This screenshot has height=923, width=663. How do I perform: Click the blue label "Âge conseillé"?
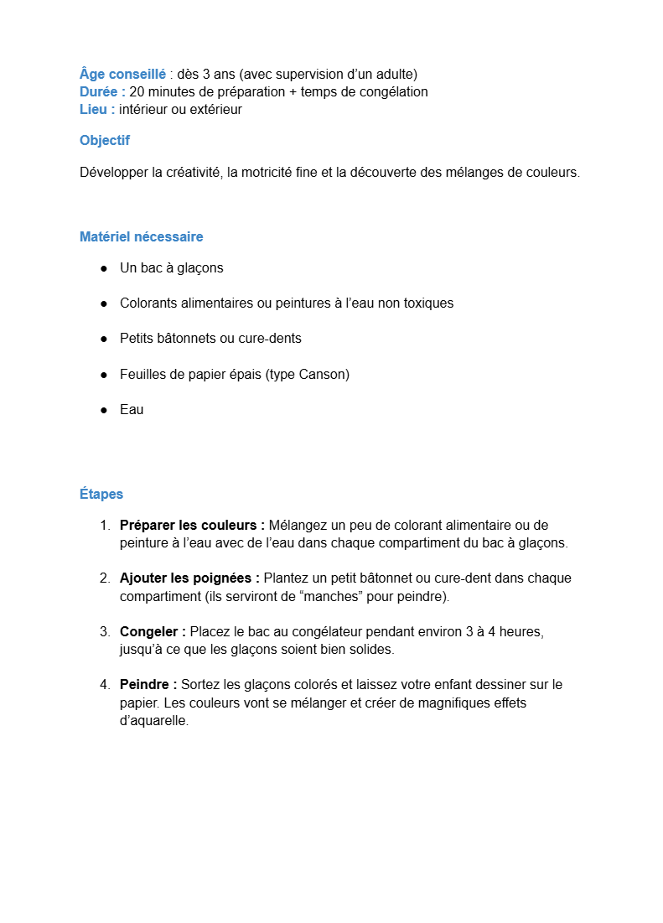pyautogui.click(x=122, y=74)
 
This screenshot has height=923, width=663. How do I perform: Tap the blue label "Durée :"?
pyautogui.click(x=102, y=91)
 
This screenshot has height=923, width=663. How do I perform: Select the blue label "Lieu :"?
pyautogui.click(x=97, y=109)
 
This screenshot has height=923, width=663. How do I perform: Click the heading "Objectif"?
pyautogui.click(x=105, y=140)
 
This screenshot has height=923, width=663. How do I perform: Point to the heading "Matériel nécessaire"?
pyautogui.click(x=141, y=236)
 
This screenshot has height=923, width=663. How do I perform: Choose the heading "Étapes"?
pyautogui.click(x=101, y=494)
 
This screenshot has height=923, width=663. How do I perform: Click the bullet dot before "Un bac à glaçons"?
pyautogui.click(x=104, y=268)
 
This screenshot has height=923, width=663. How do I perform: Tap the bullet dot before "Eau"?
pyautogui.click(x=104, y=409)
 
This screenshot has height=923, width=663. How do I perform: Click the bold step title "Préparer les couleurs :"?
pyautogui.click(x=192, y=525)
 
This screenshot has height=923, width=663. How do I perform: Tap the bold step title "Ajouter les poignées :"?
pyautogui.click(x=189, y=578)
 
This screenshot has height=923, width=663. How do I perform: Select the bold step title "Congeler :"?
pyautogui.click(x=153, y=630)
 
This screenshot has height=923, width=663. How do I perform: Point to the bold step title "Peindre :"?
pyautogui.click(x=148, y=684)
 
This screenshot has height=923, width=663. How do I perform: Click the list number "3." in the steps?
pyautogui.click(x=105, y=630)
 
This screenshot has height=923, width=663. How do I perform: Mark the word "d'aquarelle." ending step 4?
pyautogui.click(x=154, y=720)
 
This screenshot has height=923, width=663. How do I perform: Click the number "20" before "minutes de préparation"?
pyautogui.click(x=137, y=91)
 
